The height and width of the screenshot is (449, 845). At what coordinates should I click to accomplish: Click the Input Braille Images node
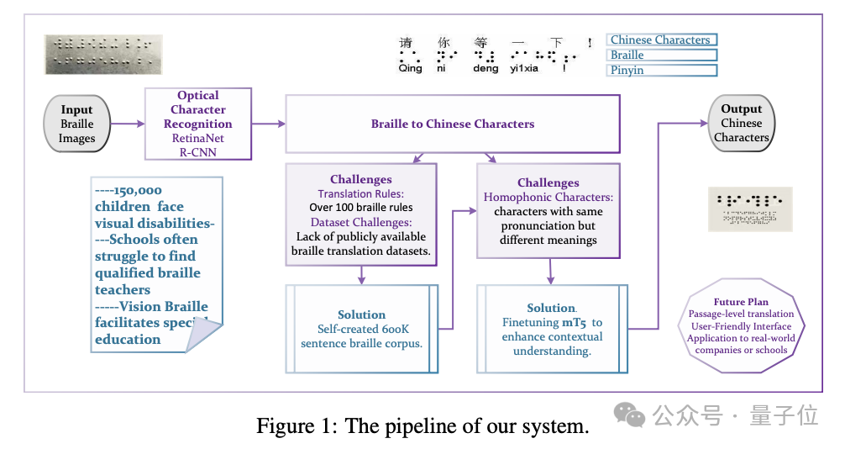(x=76, y=124)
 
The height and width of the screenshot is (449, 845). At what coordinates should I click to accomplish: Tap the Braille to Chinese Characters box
(x=452, y=124)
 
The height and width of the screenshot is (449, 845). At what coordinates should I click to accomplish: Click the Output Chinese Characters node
(x=741, y=123)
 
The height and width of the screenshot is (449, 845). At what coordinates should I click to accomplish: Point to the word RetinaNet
(x=198, y=139)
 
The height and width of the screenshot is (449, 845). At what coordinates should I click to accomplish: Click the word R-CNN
(x=198, y=152)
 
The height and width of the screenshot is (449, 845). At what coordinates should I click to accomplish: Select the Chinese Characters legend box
(x=661, y=40)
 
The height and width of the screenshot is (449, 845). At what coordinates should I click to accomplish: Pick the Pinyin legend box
(x=661, y=70)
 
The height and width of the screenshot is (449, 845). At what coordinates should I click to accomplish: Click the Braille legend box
(x=661, y=55)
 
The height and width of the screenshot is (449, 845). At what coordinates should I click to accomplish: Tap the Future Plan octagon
(x=741, y=326)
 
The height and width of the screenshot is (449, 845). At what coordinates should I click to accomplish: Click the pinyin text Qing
(x=410, y=69)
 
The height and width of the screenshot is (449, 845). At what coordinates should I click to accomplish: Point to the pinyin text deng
(x=485, y=69)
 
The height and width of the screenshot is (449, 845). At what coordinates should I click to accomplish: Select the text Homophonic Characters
(x=548, y=197)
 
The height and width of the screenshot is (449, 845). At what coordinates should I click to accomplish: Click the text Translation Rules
(x=360, y=193)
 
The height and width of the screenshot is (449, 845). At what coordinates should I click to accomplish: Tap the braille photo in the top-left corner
(x=104, y=54)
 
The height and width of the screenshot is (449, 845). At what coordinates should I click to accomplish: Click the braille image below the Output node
(x=752, y=208)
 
